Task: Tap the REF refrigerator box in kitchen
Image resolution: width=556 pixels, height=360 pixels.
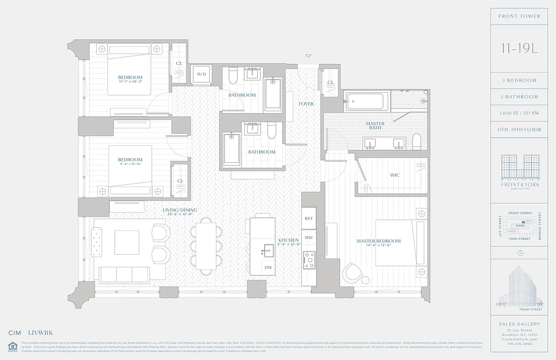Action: [x=309, y=218]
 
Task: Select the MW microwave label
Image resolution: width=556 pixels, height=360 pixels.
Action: [x=309, y=237]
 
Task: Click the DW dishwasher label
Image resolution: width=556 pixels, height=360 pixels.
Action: [x=268, y=267]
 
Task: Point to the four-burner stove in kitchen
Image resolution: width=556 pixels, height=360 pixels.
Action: [x=309, y=260]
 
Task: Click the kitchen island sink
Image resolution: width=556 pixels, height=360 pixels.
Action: [x=268, y=251]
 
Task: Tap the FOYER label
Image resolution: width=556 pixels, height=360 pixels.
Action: [x=306, y=104]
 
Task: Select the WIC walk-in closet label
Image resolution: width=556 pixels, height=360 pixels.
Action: [x=395, y=175]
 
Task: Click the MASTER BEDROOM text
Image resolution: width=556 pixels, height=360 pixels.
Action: [x=378, y=241]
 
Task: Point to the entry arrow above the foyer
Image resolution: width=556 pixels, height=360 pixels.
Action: [x=308, y=56]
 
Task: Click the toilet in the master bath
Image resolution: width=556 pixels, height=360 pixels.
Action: [x=416, y=141]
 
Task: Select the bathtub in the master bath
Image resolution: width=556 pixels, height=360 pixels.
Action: [x=366, y=101]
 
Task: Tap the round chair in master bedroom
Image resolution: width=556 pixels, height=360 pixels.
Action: [x=352, y=273]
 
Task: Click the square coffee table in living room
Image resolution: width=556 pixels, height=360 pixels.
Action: [x=126, y=242]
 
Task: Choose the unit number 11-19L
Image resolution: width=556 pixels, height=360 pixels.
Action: [x=520, y=49]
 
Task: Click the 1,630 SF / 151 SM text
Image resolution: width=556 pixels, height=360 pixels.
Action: [x=520, y=113]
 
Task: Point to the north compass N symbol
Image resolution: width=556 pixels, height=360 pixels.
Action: [x=520, y=253]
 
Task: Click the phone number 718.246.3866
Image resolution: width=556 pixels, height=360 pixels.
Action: [x=520, y=343]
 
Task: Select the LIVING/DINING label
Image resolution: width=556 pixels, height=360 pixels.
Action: [x=180, y=210]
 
